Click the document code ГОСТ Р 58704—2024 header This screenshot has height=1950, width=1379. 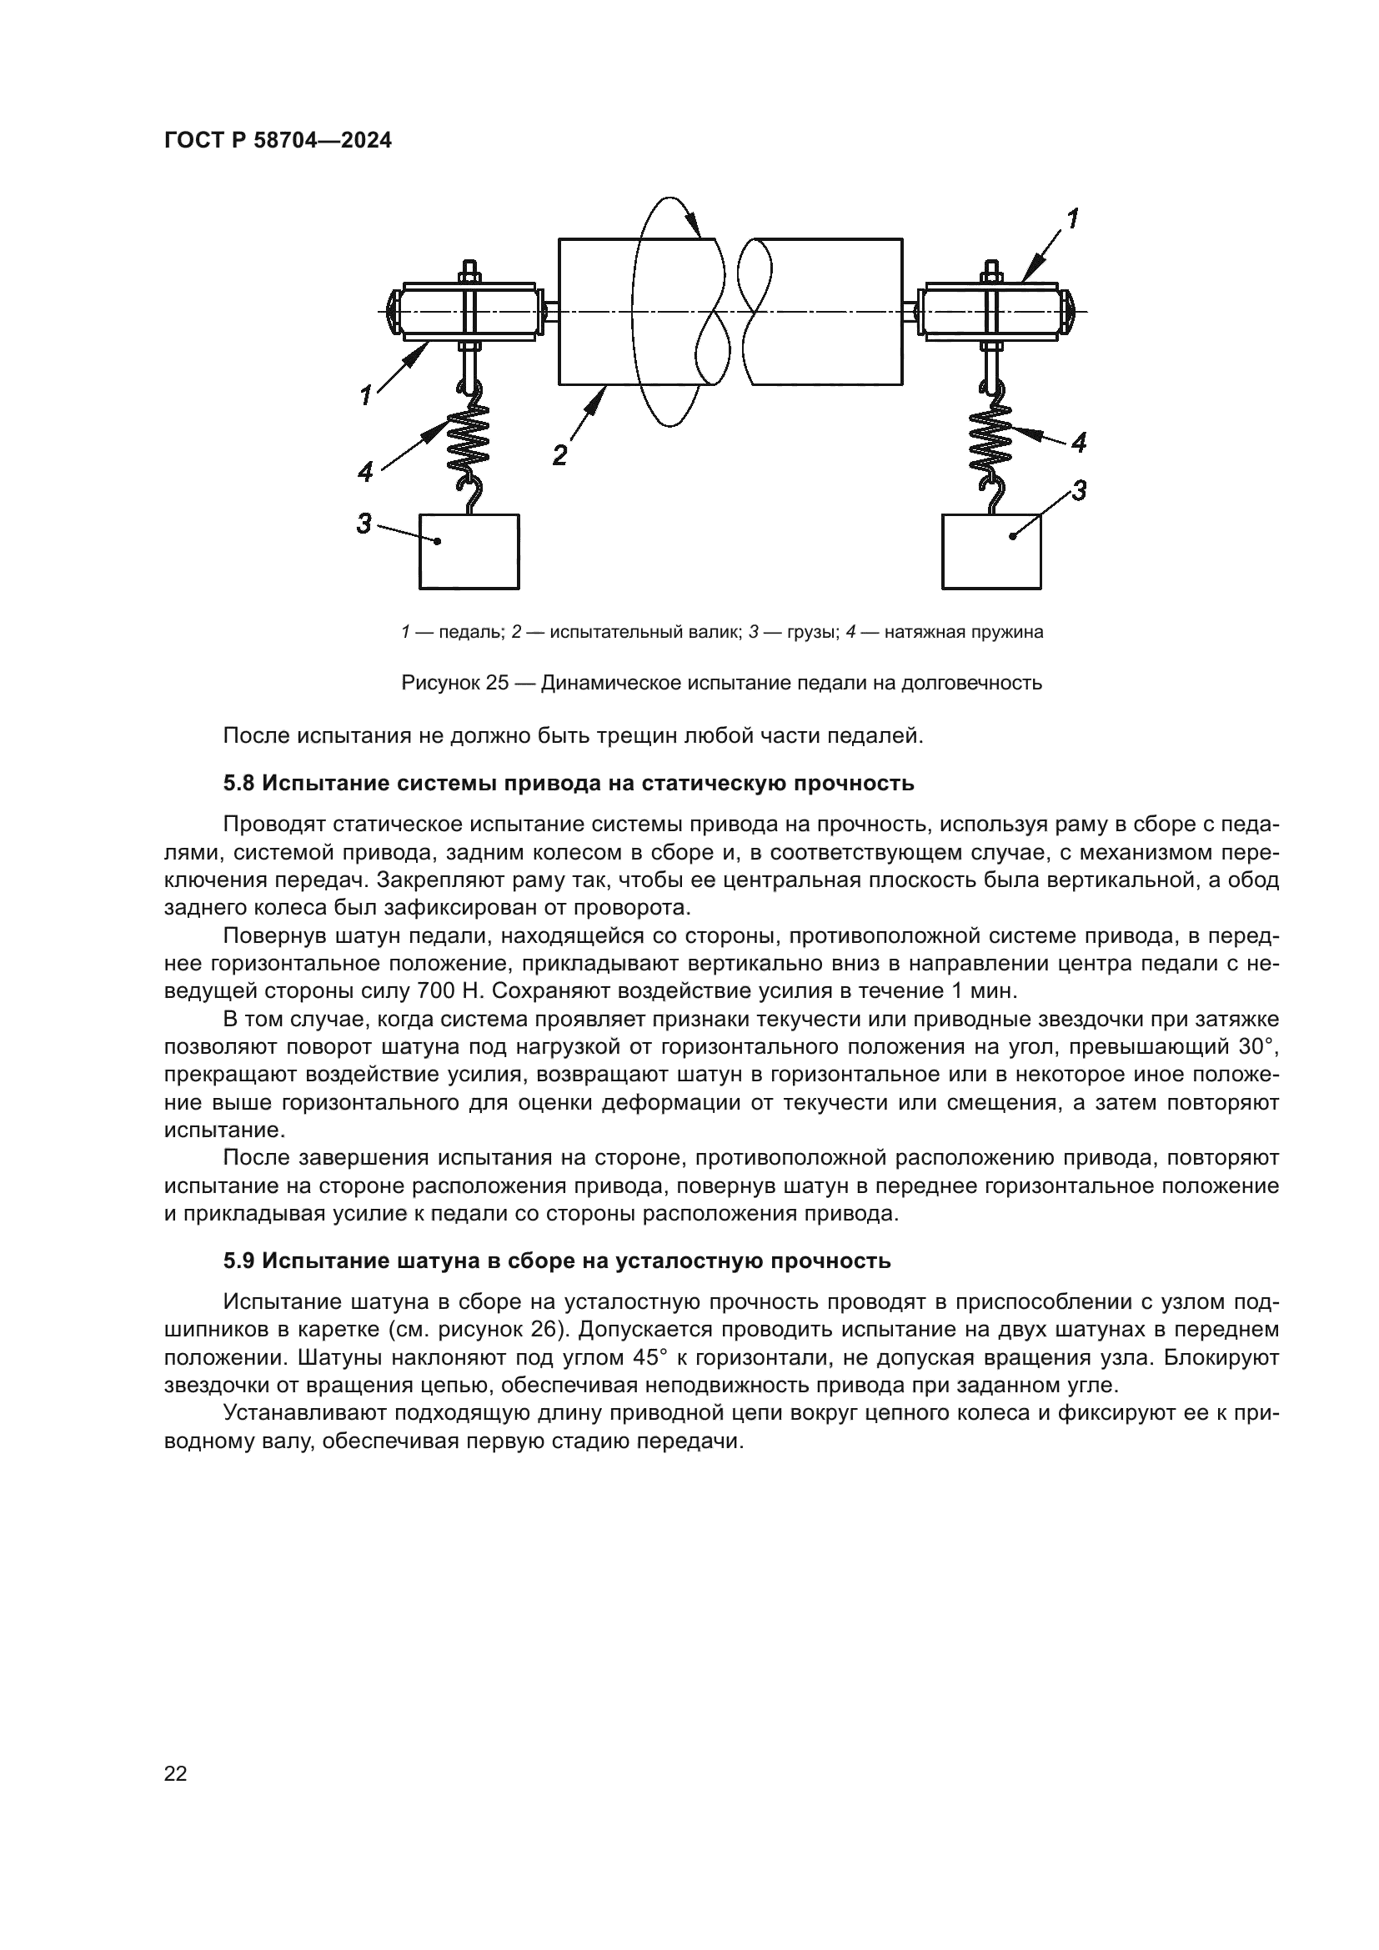278,141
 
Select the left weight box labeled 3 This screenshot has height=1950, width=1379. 469,551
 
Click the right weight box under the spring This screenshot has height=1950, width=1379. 991,551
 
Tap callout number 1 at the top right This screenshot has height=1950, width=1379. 1072,219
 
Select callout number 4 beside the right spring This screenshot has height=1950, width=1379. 1078,443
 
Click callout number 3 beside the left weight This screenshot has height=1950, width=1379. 364,524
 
